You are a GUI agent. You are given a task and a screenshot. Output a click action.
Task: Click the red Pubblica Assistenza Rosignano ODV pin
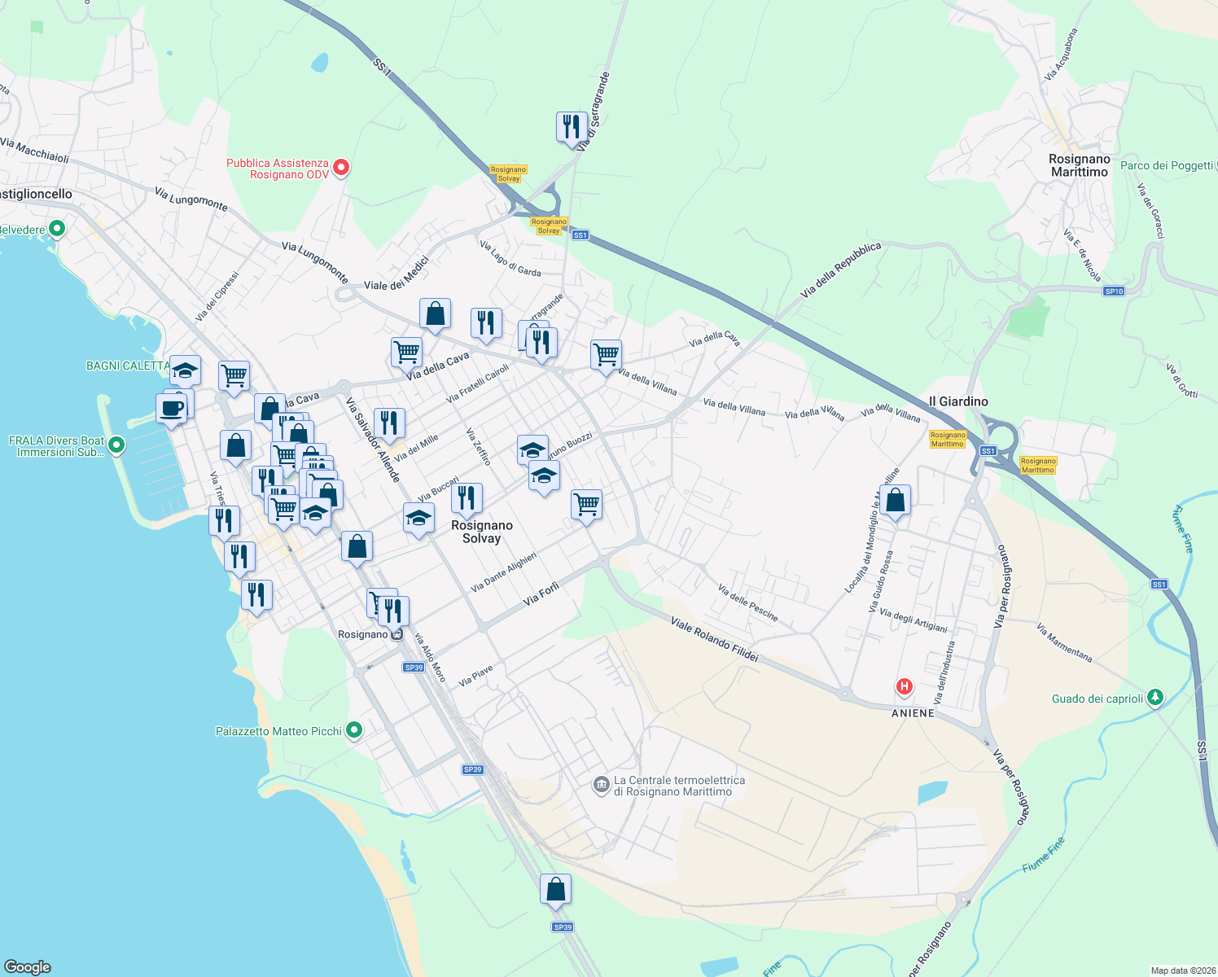342,168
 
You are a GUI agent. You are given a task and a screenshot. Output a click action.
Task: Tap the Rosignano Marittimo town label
1079,165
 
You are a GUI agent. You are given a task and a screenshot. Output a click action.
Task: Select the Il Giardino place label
958,401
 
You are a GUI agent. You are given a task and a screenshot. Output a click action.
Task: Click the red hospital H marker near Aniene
904,686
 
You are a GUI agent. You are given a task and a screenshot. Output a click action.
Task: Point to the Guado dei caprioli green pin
1154,697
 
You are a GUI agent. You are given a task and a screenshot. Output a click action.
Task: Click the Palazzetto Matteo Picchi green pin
353,730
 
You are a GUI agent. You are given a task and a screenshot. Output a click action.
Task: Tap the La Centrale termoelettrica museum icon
602,785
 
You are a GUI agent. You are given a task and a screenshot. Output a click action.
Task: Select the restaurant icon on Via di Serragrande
572,127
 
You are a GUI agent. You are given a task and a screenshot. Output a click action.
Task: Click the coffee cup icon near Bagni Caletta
172,408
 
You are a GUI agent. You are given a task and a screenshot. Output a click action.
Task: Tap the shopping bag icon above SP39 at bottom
555,889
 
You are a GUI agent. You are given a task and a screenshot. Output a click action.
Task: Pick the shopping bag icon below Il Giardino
895,500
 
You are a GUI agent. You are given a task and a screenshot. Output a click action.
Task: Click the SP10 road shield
1113,291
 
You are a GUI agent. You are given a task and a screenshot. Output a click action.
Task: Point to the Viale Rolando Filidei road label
714,639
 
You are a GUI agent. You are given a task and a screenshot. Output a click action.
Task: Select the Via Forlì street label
541,594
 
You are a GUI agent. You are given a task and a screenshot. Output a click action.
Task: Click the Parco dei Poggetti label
1167,165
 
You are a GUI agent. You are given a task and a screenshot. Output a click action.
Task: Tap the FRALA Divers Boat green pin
116,445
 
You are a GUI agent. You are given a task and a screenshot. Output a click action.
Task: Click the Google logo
28,966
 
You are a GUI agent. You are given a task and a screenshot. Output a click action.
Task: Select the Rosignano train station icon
397,634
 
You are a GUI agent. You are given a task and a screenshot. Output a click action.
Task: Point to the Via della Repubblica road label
840,269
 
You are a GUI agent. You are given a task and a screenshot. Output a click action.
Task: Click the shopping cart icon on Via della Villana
606,355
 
